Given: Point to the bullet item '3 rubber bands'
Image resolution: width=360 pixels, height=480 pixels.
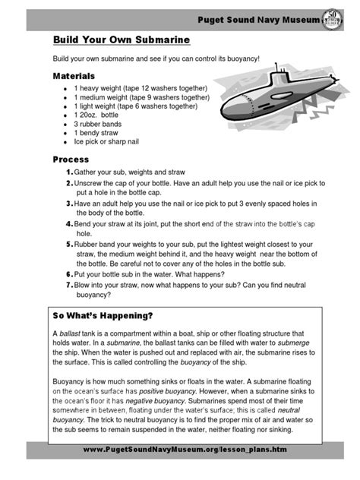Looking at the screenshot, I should point(99,124).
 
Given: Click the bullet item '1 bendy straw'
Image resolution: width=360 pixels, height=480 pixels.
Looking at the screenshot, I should point(97,132).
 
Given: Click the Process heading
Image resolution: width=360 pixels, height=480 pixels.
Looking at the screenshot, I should point(70,160).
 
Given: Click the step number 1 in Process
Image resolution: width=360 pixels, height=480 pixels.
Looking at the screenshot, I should point(68,174).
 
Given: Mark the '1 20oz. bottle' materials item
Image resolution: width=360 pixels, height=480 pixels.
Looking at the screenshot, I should point(103,115).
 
